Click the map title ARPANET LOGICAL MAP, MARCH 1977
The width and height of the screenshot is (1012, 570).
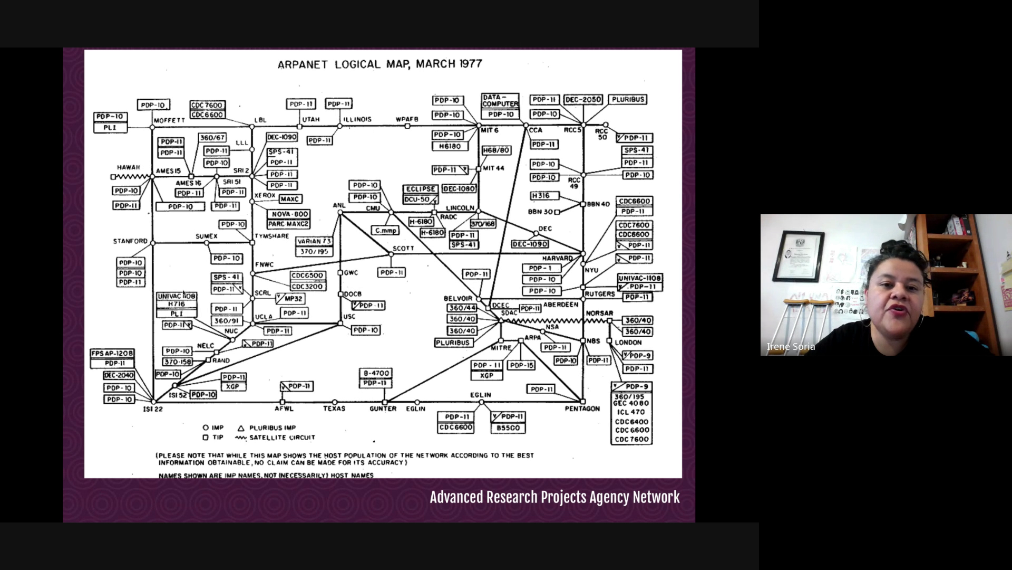[379, 64]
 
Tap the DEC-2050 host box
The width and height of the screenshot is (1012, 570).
[583, 100]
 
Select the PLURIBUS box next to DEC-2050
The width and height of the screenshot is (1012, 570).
[627, 99]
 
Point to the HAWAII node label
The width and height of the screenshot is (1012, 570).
[129, 167]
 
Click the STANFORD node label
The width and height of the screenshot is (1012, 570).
[130, 241]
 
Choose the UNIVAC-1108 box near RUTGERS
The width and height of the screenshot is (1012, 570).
[640, 278]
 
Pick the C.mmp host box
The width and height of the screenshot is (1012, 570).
[385, 231]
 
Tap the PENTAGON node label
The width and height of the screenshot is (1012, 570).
[582, 408]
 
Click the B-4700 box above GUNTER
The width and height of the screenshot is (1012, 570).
[375, 373]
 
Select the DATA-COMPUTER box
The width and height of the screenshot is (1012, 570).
[500, 100]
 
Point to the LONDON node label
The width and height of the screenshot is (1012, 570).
[628, 342]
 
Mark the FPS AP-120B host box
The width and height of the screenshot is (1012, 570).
[112, 353]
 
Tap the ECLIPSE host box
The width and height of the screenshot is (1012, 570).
[420, 189]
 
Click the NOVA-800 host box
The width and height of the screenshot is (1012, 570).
[288, 214]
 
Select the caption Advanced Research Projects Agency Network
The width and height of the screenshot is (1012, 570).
[554, 497]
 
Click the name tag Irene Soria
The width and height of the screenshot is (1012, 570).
[791, 347]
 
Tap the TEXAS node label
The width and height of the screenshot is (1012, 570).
[334, 408]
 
